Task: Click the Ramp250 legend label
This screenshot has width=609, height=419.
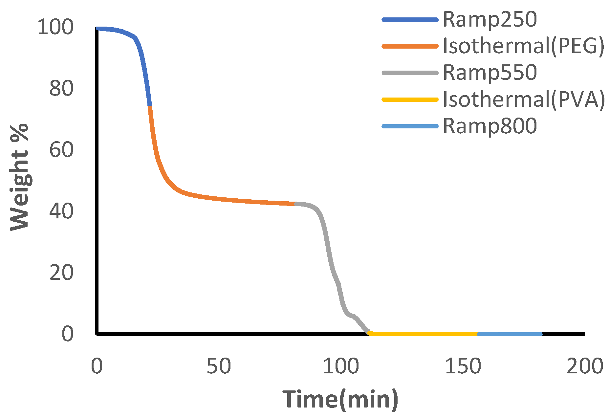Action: [x=490, y=20]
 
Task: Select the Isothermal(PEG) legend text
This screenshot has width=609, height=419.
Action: [x=523, y=46]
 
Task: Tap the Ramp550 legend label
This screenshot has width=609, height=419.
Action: [x=490, y=73]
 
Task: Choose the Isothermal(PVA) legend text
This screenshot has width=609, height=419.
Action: [x=523, y=99]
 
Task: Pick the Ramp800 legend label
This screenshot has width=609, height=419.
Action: [x=490, y=126]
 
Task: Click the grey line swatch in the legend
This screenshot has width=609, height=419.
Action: [x=410, y=73]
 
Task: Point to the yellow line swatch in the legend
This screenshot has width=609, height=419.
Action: [x=410, y=99]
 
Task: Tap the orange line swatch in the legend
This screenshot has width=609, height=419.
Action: [x=410, y=46]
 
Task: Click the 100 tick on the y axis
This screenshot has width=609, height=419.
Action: [x=55, y=27]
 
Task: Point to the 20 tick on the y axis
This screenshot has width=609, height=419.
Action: [x=61, y=273]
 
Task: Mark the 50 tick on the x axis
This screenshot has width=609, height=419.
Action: [x=218, y=366]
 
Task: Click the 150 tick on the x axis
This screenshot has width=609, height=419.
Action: [x=463, y=366]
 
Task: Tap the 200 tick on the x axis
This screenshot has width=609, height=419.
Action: [x=585, y=366]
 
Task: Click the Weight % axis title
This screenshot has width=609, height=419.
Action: [x=20, y=177]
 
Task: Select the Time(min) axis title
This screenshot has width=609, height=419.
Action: [x=340, y=399]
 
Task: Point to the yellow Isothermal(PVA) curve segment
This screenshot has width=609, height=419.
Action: [x=424, y=334]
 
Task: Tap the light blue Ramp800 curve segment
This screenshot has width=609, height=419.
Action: [x=509, y=334]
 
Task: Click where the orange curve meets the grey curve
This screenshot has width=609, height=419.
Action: [x=295, y=204]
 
